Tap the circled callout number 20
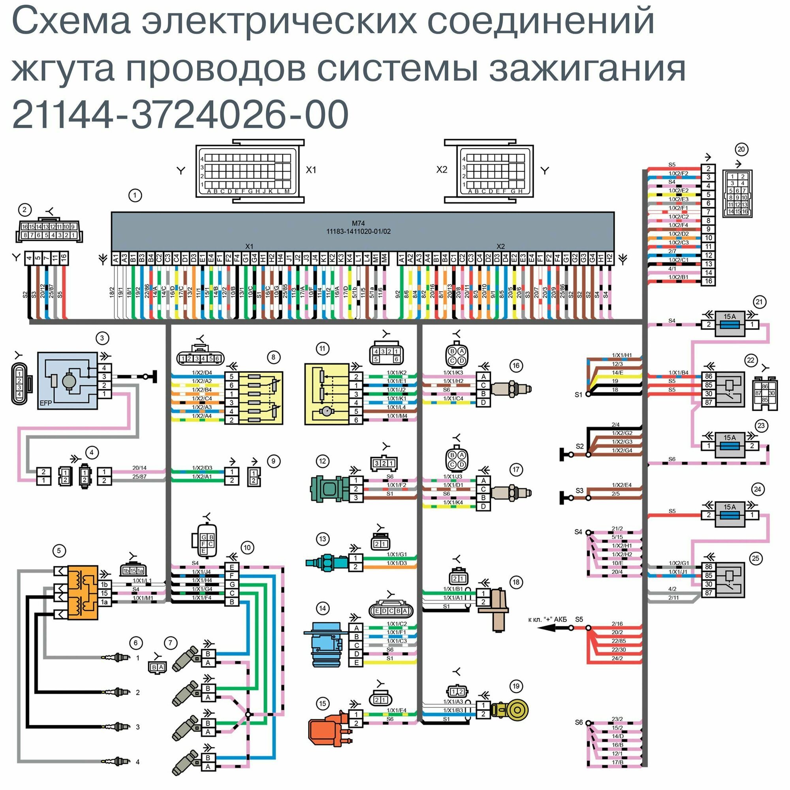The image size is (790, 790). click(741, 150)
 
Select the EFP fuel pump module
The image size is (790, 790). click(68, 380)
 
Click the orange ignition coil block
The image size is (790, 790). click(83, 592)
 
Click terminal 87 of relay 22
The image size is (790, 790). click(709, 403)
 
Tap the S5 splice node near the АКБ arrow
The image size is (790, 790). click(589, 628)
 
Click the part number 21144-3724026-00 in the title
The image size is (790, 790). click(180, 115)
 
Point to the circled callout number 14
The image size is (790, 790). click(323, 608)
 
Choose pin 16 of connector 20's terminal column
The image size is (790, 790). click(708, 281)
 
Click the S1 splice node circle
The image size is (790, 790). click(589, 394)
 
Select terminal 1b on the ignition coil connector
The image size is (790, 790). click(104, 585)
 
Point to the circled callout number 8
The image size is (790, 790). click(274, 357)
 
